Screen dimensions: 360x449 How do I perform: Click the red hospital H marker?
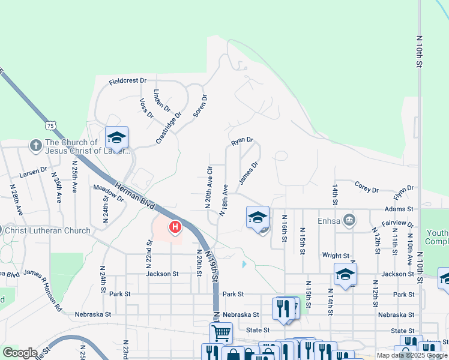(x=175, y=227)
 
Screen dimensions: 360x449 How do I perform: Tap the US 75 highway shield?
(x=50, y=125)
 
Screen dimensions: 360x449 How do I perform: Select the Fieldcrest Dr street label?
(x=128, y=80)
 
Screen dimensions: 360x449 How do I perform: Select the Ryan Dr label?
(x=243, y=141)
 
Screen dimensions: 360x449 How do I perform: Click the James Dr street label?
(x=248, y=172)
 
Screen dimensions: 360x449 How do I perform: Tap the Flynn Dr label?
(x=404, y=193)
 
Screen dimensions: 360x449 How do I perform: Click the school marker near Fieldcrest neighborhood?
(x=116, y=137)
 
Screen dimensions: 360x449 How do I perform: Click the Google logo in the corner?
(x=20, y=353)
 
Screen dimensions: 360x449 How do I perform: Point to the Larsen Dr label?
(x=32, y=172)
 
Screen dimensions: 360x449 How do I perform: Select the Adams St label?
(x=402, y=209)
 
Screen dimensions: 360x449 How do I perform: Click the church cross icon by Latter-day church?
(x=35, y=145)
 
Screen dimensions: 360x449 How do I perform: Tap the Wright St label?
(x=335, y=255)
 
